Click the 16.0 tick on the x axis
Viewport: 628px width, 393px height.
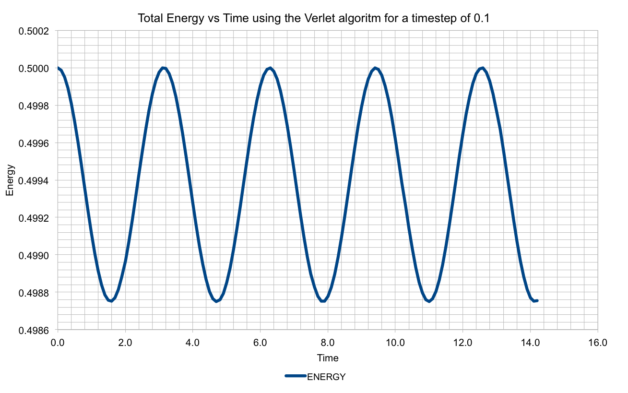[x=597, y=343]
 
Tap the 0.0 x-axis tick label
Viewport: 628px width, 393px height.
[x=58, y=343]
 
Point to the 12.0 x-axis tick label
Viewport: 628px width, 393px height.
[x=462, y=343]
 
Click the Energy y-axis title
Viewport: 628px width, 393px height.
[x=10, y=180]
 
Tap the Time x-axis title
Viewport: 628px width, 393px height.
[x=328, y=358]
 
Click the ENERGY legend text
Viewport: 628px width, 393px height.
[x=326, y=377]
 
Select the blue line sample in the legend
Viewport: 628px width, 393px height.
[x=295, y=376]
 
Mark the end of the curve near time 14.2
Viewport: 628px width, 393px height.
[x=537, y=300]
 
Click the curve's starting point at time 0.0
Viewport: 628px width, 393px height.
[x=58, y=68]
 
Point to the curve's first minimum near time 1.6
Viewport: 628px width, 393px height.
[x=111, y=301]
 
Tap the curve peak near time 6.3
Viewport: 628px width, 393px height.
[x=271, y=68]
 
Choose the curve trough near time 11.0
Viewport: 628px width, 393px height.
[x=429, y=301]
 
